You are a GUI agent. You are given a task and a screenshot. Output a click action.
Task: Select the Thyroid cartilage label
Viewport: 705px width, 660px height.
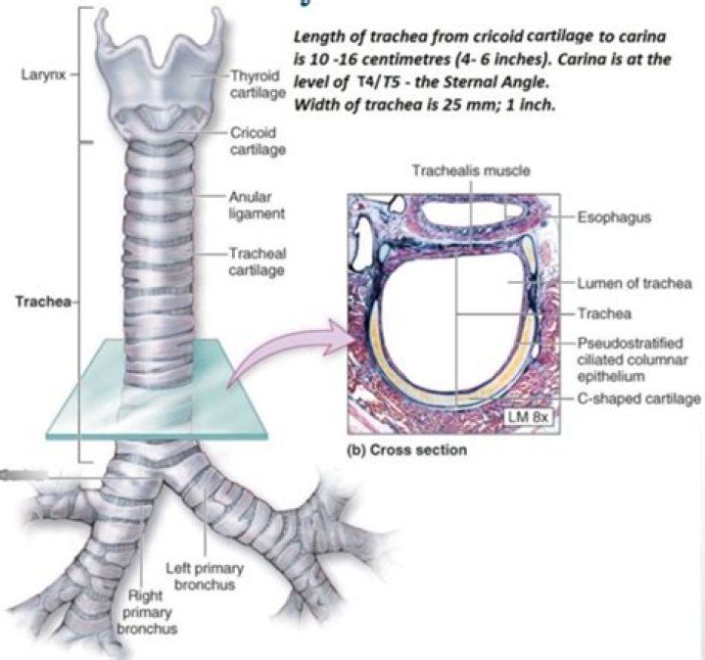(x=257, y=83)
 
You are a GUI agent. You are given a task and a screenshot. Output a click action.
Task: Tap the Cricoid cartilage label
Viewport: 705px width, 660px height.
(x=257, y=139)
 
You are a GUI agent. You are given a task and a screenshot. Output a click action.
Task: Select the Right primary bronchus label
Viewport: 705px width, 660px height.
(x=147, y=611)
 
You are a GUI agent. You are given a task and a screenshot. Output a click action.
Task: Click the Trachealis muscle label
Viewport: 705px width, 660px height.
(x=456, y=170)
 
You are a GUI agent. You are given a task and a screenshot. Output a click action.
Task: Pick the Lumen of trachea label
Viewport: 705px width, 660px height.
(x=636, y=283)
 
